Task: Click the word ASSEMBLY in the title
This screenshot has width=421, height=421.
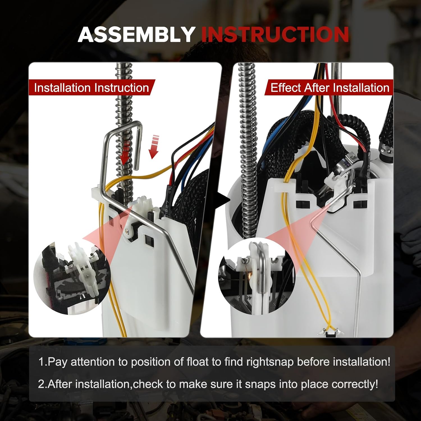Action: (136, 35)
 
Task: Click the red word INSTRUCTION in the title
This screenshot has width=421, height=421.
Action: (275, 35)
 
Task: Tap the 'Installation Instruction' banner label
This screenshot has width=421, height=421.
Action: (91, 88)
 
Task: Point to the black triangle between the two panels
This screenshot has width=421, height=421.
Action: (224, 200)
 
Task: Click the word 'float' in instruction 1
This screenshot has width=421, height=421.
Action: (198, 362)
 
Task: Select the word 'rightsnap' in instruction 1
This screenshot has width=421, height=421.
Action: (270, 362)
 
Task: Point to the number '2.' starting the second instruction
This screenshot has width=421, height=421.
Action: (43, 384)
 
